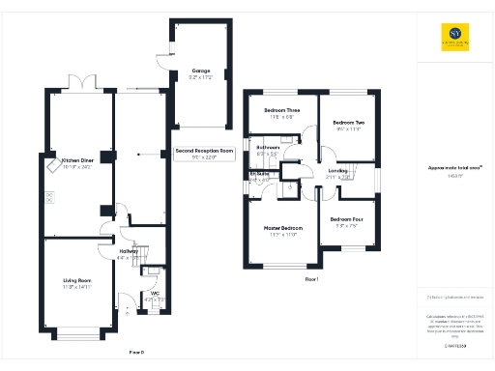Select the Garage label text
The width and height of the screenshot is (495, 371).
(x=200, y=71)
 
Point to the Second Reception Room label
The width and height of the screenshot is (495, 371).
(x=204, y=152)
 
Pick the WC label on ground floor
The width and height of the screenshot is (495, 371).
(x=155, y=295)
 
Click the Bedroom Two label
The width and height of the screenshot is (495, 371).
(x=348, y=123)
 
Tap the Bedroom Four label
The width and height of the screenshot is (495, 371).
(x=345, y=219)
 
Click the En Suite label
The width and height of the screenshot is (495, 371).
(x=260, y=176)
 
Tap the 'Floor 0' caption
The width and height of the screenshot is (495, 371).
(x=135, y=353)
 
